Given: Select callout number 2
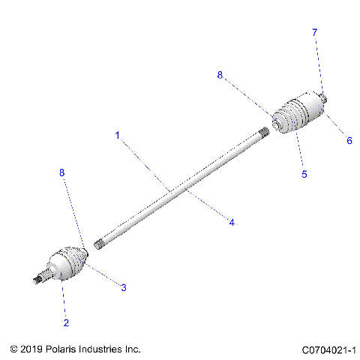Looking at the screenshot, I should coord(66,322).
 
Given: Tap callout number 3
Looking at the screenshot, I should coord(124,287).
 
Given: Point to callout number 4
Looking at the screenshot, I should coord(232,222).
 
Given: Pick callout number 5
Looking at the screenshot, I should coord(304,174).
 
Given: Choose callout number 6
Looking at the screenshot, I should coord(349,140).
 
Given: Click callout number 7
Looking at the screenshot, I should coord(315,32).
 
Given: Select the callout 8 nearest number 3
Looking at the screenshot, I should coord(62,172).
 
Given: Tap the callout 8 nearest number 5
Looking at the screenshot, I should coord(220,75).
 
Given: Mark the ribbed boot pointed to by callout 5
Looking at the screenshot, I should coord(300,116).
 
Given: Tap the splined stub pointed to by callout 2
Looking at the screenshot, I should coord(40,278).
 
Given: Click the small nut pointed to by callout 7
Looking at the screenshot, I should coord(325,97).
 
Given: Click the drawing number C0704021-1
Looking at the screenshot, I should coord(328,349).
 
